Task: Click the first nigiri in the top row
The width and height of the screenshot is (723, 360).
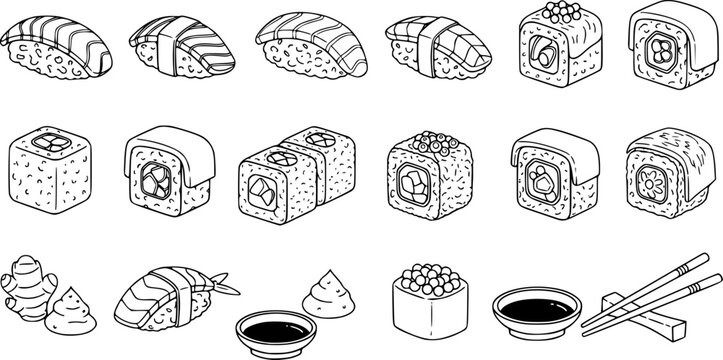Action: coord(54,45)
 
